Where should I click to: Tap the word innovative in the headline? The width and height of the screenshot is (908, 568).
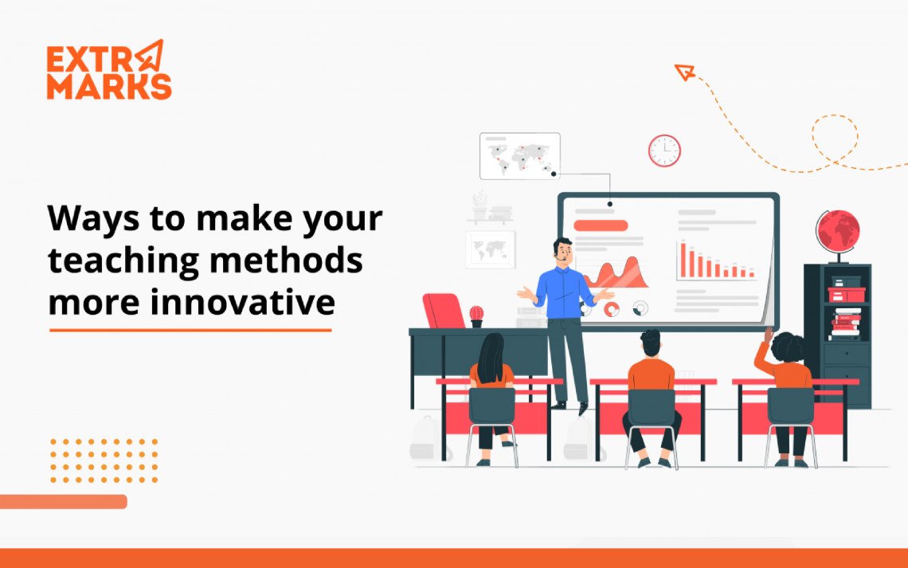coord(243,302)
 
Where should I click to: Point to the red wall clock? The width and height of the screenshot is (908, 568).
coord(664,151)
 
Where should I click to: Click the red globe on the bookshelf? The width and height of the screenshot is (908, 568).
coord(837,231)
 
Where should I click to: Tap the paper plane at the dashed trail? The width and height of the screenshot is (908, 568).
coord(684,72)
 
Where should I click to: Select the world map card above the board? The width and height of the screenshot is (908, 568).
coord(519,156)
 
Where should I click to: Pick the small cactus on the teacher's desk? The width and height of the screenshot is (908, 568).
coord(476,315)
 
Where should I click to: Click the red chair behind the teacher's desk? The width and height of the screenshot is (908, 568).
coord(443,311)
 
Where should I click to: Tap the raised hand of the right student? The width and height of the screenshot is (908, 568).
coord(769,335)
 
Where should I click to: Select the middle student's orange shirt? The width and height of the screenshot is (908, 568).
coord(652,374)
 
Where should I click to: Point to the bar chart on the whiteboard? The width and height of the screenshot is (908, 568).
coord(715,260)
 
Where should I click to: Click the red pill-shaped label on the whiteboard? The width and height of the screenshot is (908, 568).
coord(601,225)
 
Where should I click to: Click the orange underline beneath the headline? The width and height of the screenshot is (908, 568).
coord(190,330)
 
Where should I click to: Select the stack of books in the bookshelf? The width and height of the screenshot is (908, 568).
coord(846,324)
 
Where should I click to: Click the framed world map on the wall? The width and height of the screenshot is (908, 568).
coord(491,249)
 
